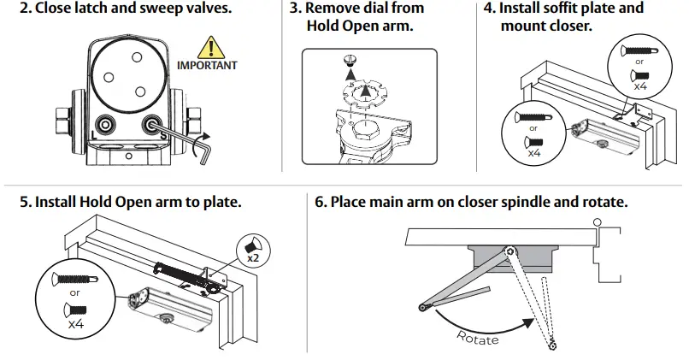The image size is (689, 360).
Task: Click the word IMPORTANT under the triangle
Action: click(206, 66)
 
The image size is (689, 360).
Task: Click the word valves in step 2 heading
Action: click(204, 9)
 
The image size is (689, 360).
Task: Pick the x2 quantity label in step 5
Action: click(253, 257)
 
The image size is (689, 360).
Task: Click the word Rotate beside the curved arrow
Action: click(478, 337)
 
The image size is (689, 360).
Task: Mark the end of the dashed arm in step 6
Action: click(554, 345)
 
